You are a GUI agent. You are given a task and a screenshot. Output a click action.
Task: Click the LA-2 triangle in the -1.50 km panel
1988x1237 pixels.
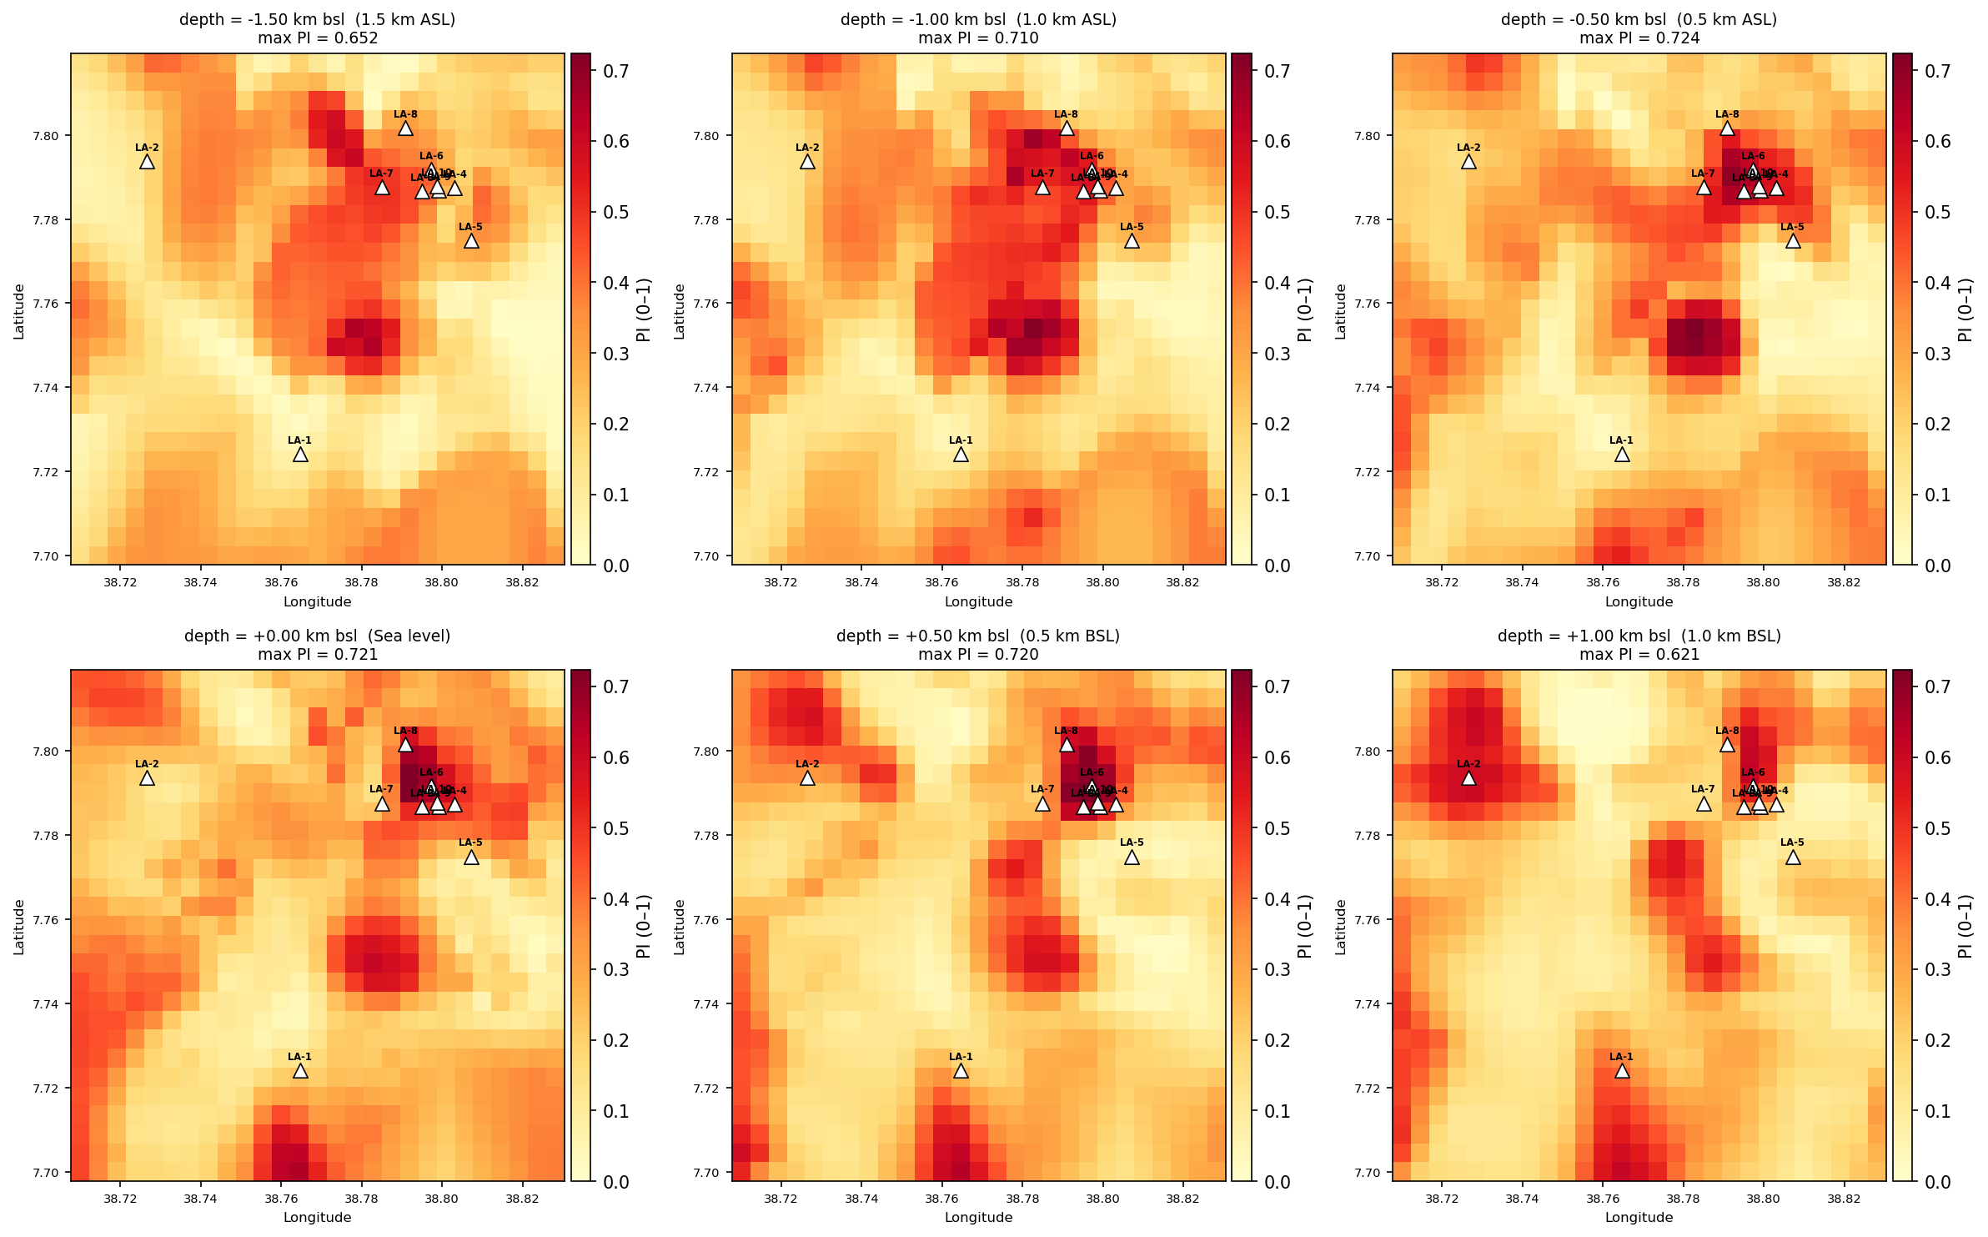pos(147,162)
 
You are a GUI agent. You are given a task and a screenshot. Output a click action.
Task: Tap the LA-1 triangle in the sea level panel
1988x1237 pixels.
pos(300,1071)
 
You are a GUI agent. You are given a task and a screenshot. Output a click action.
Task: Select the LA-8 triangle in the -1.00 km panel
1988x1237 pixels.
pos(1067,128)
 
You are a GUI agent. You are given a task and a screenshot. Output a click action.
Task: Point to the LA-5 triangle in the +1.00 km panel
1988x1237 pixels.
pos(1793,857)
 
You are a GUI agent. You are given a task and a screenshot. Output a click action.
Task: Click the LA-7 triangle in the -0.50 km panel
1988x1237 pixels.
pos(1704,188)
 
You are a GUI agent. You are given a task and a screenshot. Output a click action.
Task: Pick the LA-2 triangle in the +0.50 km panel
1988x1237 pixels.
pos(807,778)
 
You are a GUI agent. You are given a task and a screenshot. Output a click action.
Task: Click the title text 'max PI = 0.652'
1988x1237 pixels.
pos(318,38)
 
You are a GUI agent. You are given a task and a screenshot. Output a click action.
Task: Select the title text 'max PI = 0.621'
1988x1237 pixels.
pos(1639,655)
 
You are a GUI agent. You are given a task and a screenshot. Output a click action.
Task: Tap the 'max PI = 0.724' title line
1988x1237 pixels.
pos(1639,38)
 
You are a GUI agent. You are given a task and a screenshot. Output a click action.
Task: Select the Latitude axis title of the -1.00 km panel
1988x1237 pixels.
pos(680,311)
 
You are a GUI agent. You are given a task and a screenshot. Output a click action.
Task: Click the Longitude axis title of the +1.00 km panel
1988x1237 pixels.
pos(1639,1218)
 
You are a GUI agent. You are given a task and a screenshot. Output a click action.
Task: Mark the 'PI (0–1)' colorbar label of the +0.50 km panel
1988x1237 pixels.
pos(1305,927)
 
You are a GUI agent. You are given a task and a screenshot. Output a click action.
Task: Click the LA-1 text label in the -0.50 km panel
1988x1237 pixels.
pos(1621,440)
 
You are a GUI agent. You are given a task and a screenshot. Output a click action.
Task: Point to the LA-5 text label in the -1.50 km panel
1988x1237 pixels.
pos(470,227)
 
